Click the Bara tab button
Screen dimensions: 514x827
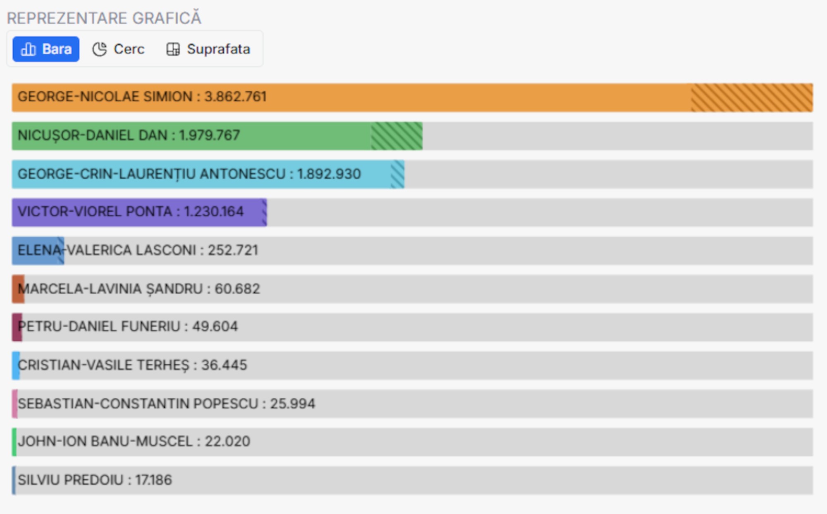click(46, 49)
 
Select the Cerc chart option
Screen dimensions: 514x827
click(118, 49)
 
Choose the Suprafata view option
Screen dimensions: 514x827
click(208, 49)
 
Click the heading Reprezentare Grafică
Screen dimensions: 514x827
click(104, 18)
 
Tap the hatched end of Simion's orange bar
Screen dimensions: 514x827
click(751, 98)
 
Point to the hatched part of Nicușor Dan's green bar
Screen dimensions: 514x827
click(396, 136)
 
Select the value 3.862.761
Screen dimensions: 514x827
click(235, 97)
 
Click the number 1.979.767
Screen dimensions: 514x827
click(209, 135)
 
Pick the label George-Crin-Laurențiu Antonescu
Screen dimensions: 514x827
click(151, 174)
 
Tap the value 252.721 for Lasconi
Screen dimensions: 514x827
click(233, 250)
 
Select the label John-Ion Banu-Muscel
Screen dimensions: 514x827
click(105, 442)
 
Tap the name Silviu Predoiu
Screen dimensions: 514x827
click(70, 480)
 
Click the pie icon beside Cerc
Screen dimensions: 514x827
click(99, 49)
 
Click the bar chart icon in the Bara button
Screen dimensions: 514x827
click(28, 49)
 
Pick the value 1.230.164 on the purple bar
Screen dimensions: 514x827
click(213, 212)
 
